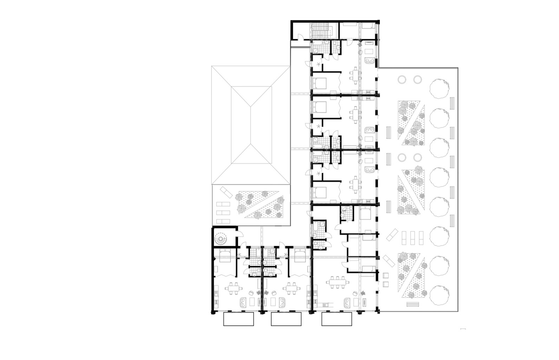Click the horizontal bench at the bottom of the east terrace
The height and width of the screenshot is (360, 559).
[x=414, y=304]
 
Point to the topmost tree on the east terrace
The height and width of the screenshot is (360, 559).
[x=440, y=87]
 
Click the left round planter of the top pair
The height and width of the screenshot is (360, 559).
[x=402, y=80]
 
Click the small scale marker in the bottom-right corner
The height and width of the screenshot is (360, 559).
[x=463, y=329]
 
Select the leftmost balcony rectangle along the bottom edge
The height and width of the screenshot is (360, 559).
[x=239, y=319]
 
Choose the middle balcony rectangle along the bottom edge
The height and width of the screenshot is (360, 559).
[x=286, y=319]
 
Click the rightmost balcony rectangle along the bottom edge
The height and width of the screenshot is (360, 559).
[x=337, y=319]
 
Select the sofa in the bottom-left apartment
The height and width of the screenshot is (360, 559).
[x=243, y=302]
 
